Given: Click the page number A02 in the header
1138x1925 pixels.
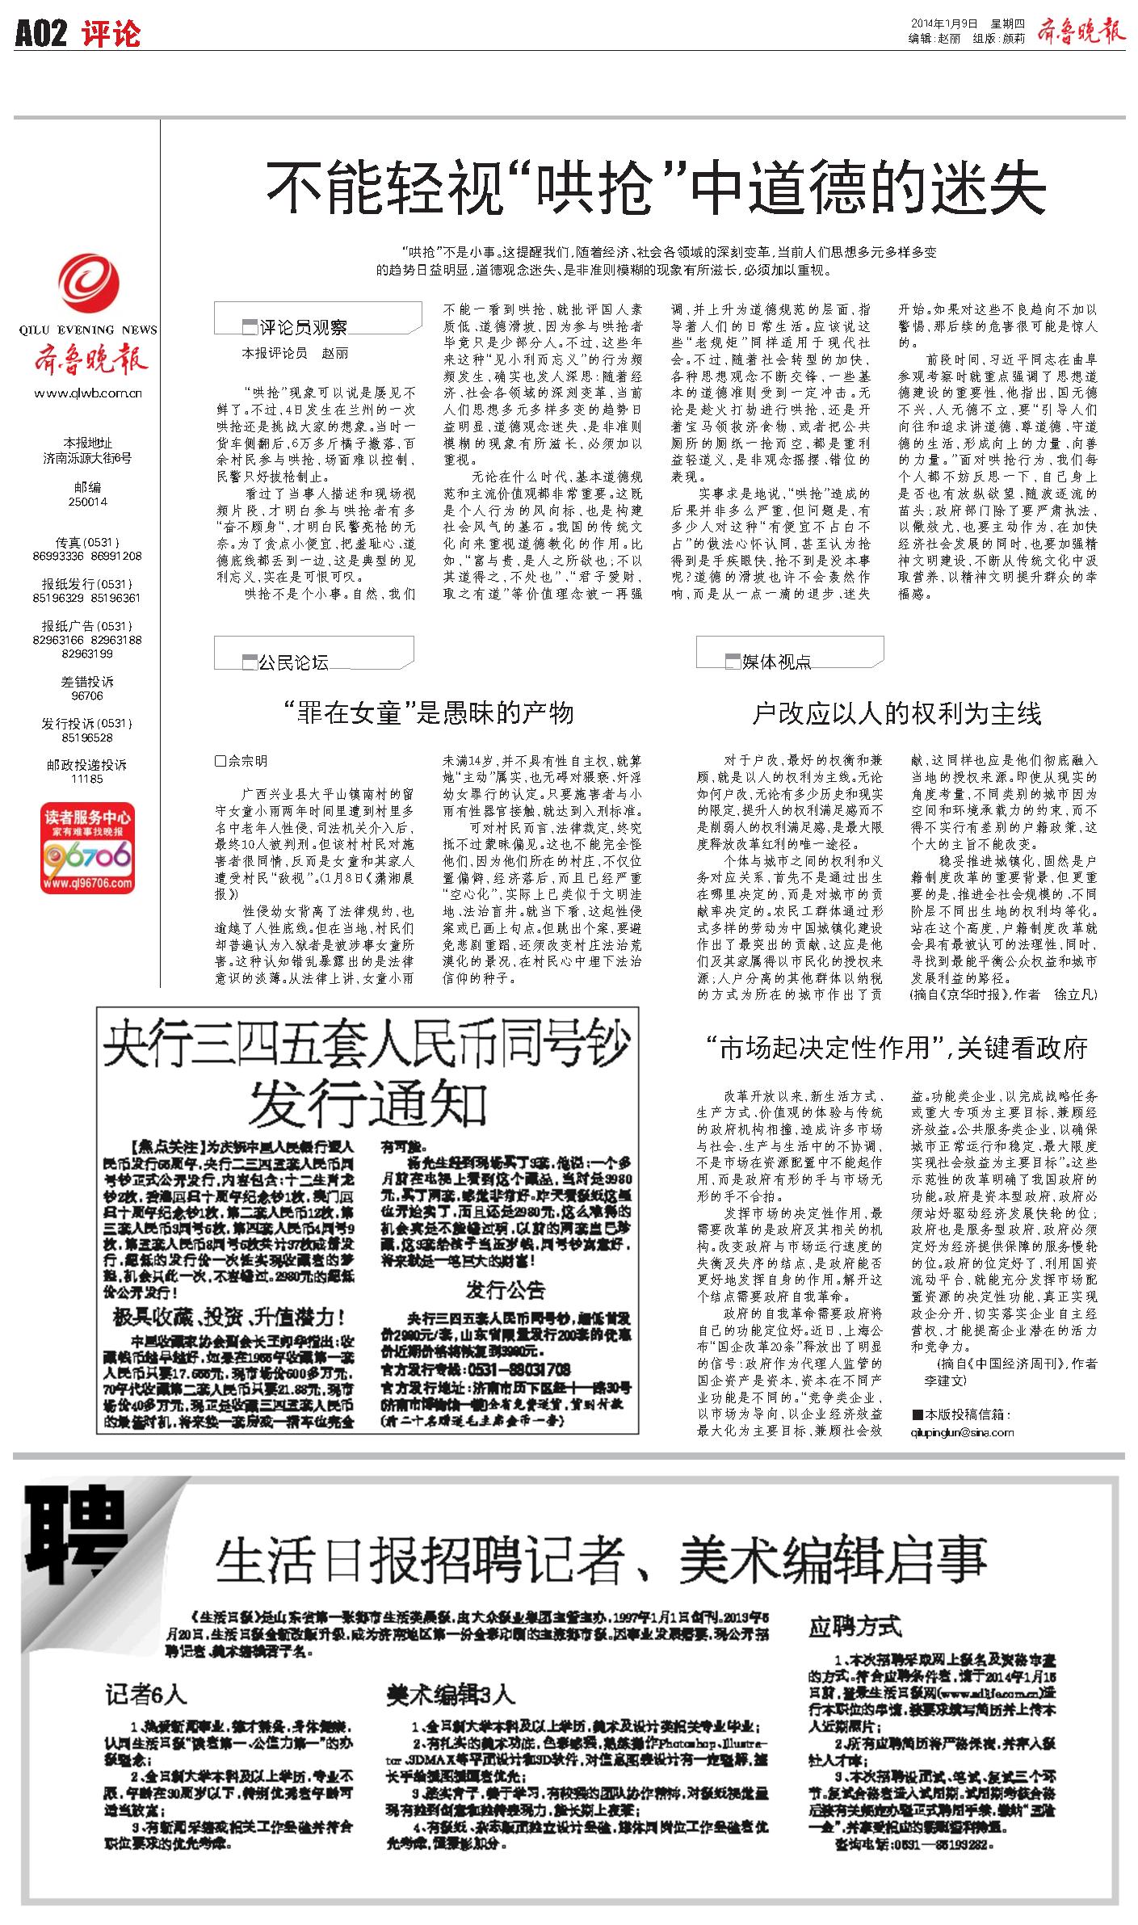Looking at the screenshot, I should click(40, 35).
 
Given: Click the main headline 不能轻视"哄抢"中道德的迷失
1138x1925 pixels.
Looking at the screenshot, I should click(656, 187).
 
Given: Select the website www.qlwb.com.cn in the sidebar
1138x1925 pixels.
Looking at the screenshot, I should click(89, 393).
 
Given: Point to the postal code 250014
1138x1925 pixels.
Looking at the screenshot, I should click(88, 502).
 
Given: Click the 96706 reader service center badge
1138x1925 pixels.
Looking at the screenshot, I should click(88, 848).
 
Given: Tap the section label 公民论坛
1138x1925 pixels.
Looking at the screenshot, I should click(293, 662).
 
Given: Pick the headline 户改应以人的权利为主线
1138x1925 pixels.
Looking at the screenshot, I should click(897, 713).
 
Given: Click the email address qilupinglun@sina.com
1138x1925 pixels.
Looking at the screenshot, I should click(962, 1432).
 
